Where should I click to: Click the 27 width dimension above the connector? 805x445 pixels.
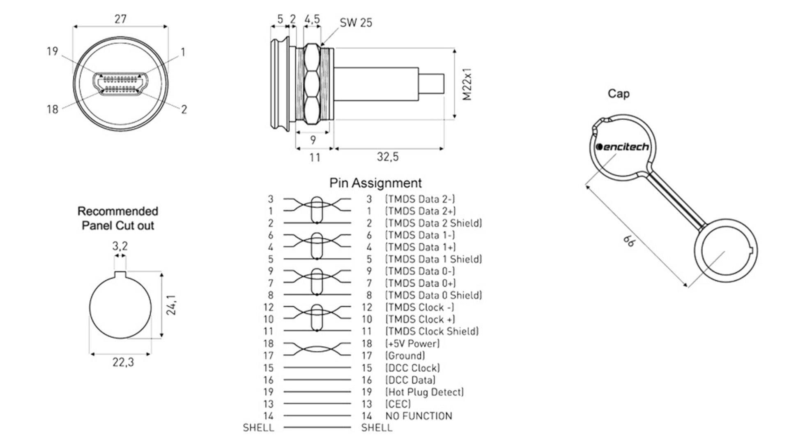(x=120, y=19)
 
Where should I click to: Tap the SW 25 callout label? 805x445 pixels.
(x=356, y=23)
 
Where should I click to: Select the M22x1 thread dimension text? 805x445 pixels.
(x=467, y=84)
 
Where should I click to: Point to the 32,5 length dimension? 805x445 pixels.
(x=388, y=157)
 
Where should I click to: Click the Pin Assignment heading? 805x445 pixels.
(x=375, y=183)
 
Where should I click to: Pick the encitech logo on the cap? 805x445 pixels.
(x=622, y=147)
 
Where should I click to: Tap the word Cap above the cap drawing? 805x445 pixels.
(x=618, y=94)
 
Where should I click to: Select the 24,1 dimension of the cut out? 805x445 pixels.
(x=171, y=305)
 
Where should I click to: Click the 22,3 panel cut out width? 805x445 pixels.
(x=123, y=362)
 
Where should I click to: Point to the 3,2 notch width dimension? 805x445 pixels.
(x=120, y=246)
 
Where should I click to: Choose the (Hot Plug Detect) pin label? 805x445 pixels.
(x=425, y=392)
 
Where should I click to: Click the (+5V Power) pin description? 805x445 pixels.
(x=412, y=343)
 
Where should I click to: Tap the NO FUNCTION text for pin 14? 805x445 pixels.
(x=419, y=416)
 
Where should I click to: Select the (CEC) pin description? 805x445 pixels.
(x=398, y=404)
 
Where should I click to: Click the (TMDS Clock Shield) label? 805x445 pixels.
(x=432, y=331)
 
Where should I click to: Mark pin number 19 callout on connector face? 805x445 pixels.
(x=52, y=51)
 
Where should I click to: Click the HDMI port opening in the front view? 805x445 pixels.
(x=120, y=84)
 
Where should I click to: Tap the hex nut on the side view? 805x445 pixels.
(x=312, y=84)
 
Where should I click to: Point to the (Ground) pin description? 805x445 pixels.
(x=405, y=355)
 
